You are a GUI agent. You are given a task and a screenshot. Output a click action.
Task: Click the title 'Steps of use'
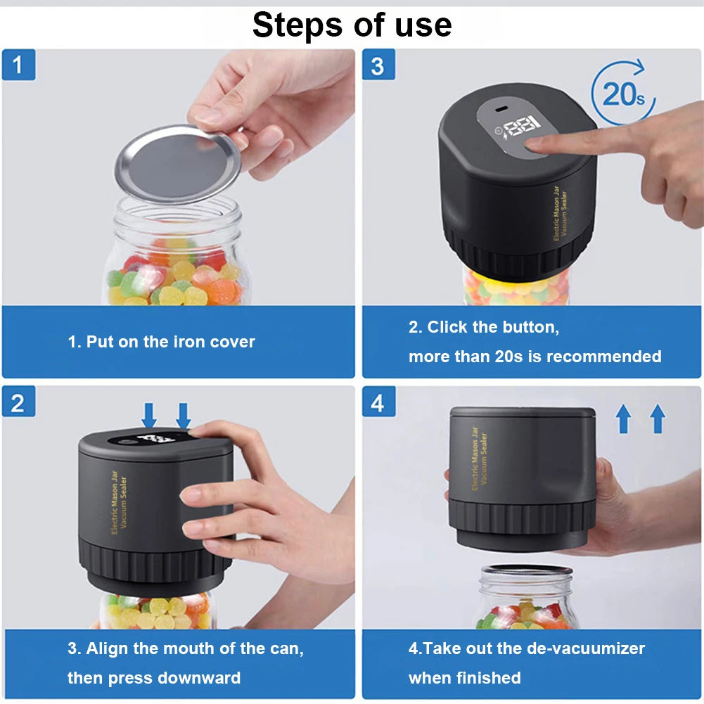click(x=352, y=25)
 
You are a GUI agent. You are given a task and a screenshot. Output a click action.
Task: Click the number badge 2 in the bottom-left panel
click(x=18, y=402)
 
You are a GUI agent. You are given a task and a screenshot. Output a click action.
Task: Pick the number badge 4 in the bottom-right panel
click(x=378, y=402)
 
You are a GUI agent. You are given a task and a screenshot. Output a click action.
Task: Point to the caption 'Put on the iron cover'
click(x=161, y=343)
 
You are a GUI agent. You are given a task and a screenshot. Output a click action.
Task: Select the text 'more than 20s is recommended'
click(x=535, y=357)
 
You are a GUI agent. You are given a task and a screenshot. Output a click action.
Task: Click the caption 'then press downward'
click(x=153, y=678)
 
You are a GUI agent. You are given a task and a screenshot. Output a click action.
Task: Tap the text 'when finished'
click(x=464, y=678)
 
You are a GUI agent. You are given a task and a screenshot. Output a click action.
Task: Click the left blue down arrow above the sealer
click(x=149, y=415)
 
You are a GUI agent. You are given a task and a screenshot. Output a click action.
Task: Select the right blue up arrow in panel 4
click(x=658, y=419)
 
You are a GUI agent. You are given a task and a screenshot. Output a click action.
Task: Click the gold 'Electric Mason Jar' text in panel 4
click(x=475, y=458)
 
